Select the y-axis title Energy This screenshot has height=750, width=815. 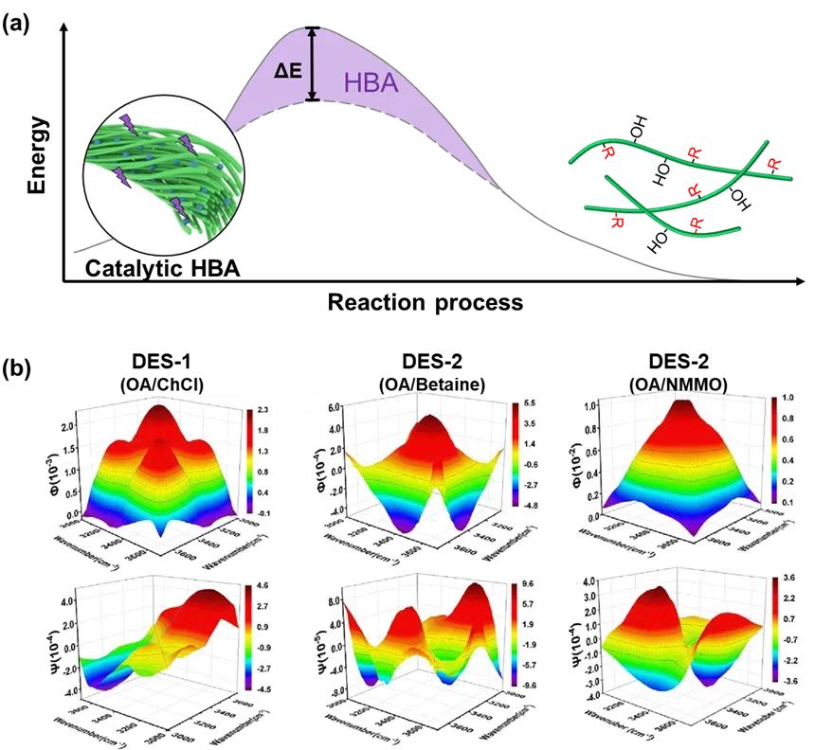(x=38, y=156)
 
